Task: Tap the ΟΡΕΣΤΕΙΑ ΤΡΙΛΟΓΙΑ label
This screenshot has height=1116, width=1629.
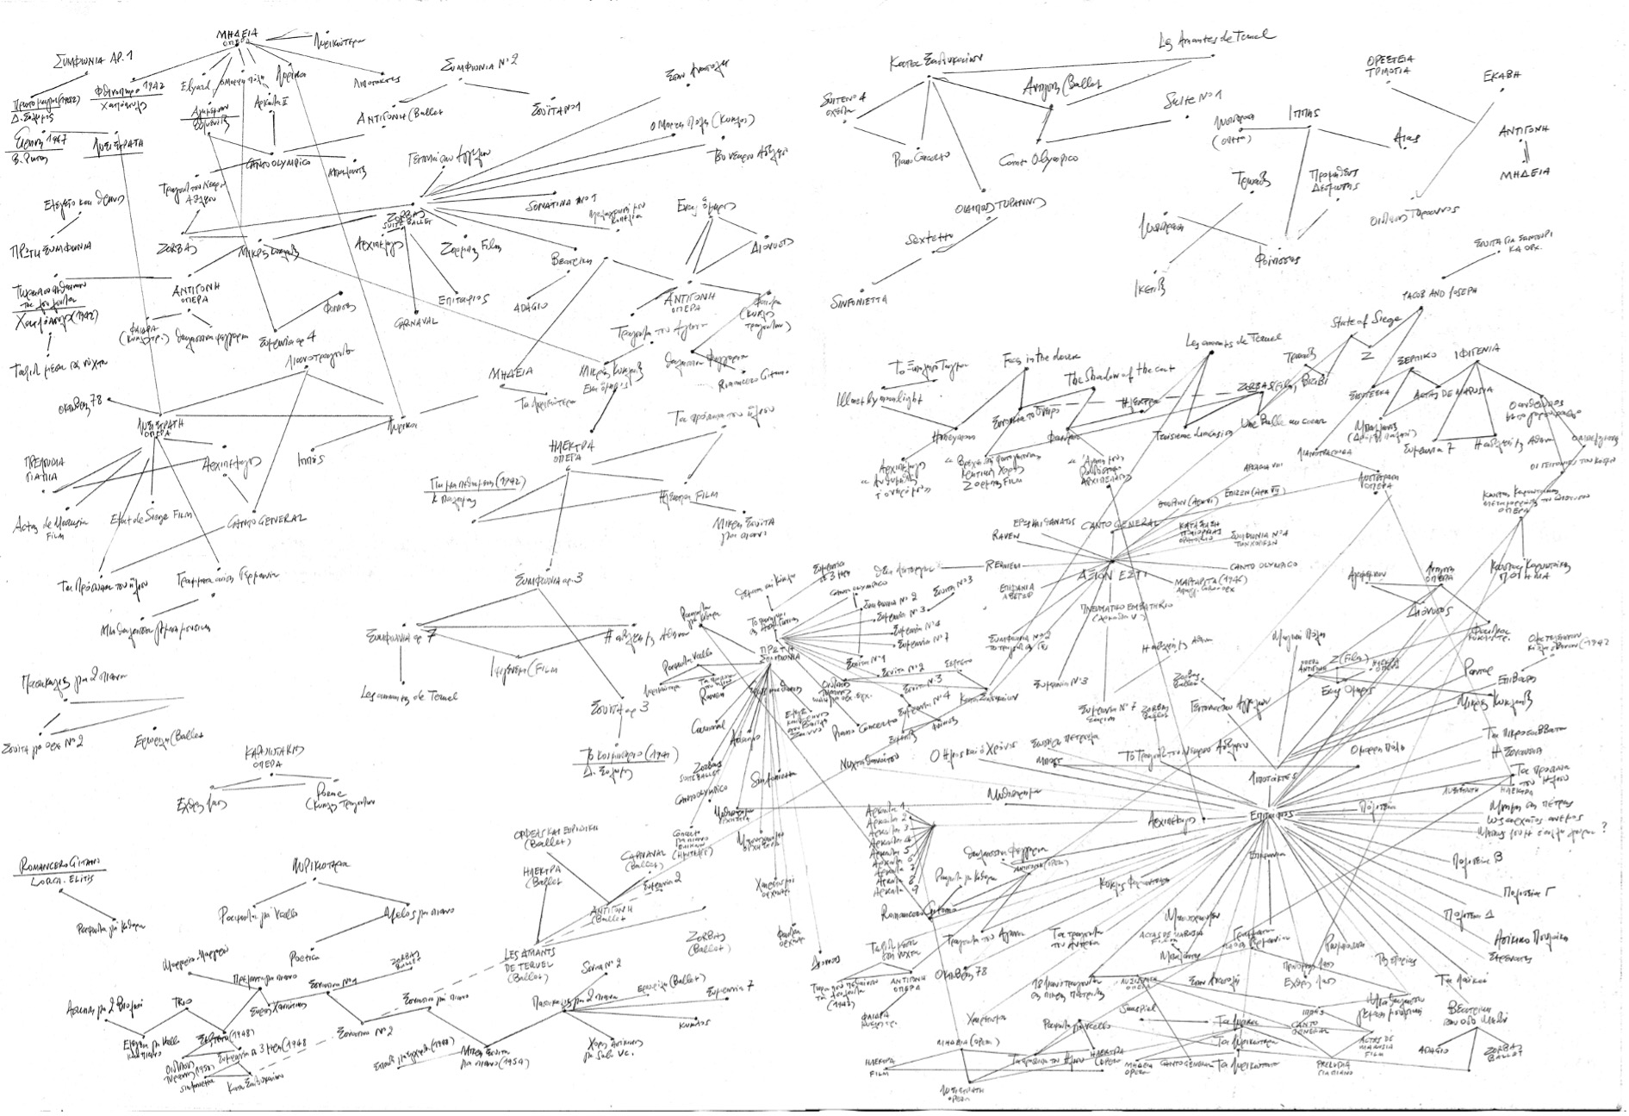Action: click(1388, 65)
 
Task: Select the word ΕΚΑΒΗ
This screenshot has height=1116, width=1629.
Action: click(1501, 75)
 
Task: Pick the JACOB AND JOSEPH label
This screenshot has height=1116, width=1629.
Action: click(1440, 292)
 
